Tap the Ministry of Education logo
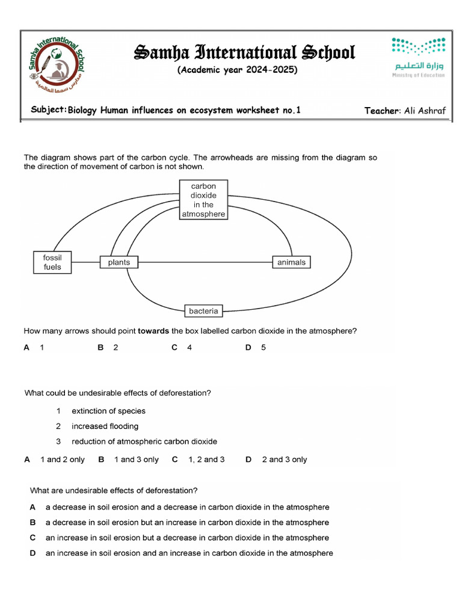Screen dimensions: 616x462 coord(419,58)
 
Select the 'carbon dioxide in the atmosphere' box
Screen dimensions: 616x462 coord(204,200)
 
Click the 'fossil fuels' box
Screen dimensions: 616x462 coord(52,262)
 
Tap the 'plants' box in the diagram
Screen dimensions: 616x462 coord(119,262)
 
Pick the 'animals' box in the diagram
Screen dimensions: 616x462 coord(291,262)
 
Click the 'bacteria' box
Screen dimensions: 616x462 coord(203,311)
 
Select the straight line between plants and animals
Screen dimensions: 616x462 coord(205,262)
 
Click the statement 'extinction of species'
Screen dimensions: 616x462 coord(108,411)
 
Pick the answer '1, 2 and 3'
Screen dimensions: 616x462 coord(206,459)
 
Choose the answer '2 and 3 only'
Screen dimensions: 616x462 coord(284,459)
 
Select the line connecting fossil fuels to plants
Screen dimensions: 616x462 coord(85,262)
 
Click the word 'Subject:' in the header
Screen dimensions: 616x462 coord(48,110)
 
